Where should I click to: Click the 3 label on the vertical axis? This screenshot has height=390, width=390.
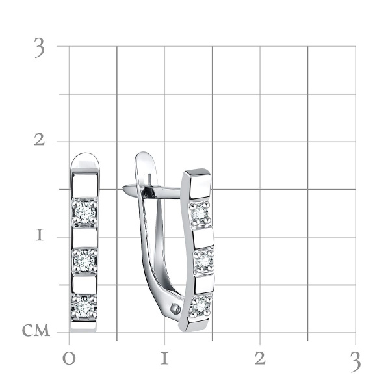(x=40, y=49)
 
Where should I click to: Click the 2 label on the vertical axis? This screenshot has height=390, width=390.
(x=40, y=140)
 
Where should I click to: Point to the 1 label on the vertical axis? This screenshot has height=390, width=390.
(x=40, y=235)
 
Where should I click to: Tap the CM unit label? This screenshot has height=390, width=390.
(x=36, y=331)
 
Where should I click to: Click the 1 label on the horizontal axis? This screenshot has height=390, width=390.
(x=164, y=359)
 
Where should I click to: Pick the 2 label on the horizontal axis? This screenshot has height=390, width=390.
(x=260, y=359)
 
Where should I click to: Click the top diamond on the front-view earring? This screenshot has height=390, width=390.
(x=84, y=212)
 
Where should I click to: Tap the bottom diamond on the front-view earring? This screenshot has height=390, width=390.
(x=84, y=306)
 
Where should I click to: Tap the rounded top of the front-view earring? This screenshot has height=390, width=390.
(x=84, y=160)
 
